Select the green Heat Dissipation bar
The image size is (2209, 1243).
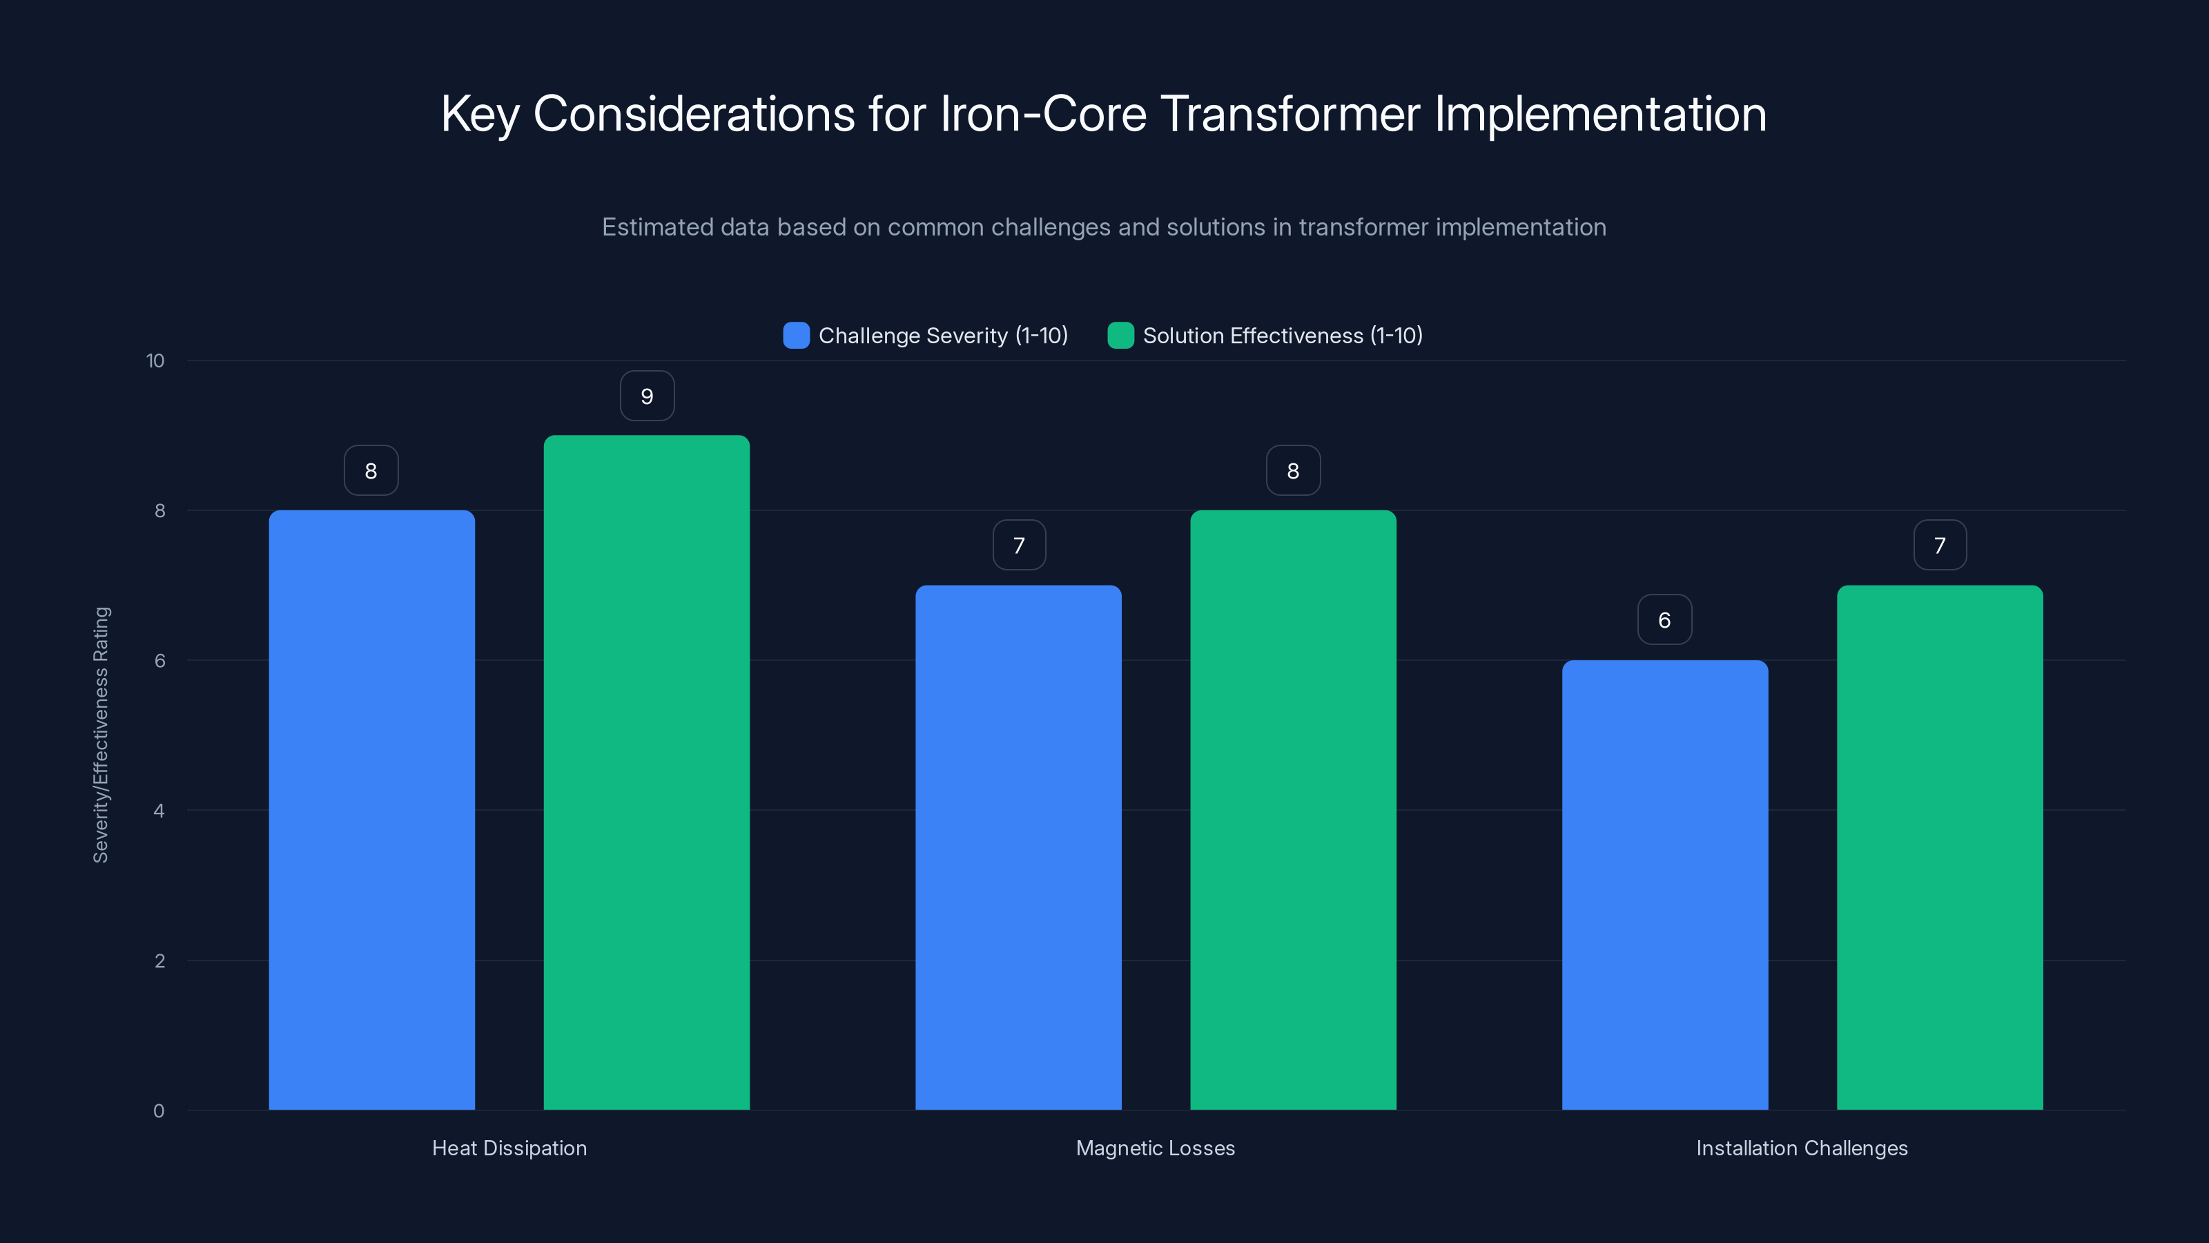coord(647,772)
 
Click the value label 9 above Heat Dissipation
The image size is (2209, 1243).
coord(647,396)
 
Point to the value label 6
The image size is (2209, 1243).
coord(1664,620)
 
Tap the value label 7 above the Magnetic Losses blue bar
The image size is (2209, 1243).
coord(1019,546)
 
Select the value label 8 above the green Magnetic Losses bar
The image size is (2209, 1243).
coord(1293,471)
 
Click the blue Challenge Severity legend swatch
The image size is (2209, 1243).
coord(796,336)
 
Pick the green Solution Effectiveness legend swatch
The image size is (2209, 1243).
coord(1120,336)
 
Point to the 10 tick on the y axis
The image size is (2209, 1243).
coord(155,361)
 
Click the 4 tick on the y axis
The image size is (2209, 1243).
coord(159,811)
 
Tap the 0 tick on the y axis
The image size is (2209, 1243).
coord(159,1111)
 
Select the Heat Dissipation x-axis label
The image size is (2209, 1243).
coord(509,1148)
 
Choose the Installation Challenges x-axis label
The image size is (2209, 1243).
coord(1802,1148)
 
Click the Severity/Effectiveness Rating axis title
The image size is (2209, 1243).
coord(101,734)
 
